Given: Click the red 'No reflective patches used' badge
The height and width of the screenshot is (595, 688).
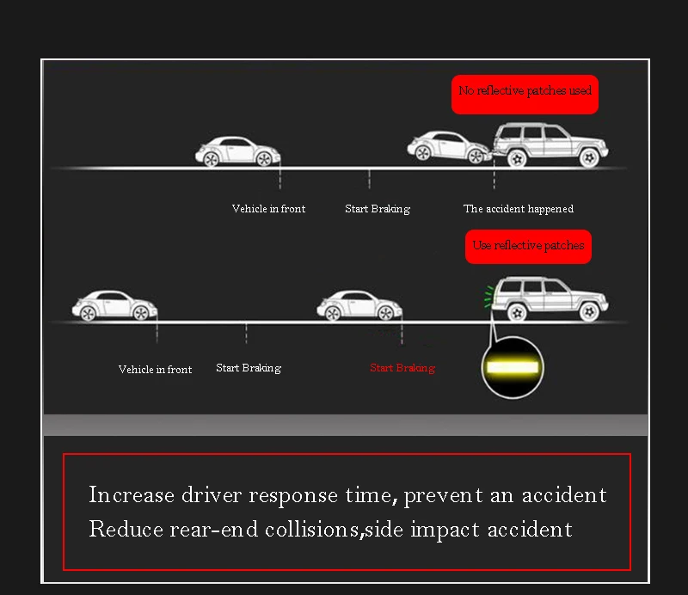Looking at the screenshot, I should (525, 92).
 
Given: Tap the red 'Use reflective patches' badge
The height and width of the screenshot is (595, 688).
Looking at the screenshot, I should (528, 246).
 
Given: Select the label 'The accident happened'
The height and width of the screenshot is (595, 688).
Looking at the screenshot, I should (518, 209).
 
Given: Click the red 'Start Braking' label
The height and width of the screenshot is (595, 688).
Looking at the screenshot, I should (402, 368).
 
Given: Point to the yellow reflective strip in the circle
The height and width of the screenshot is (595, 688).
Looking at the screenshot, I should (513, 367).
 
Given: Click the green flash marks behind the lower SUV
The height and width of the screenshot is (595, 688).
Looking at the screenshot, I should (488, 297).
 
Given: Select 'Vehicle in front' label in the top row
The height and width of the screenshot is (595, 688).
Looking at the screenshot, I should (268, 209).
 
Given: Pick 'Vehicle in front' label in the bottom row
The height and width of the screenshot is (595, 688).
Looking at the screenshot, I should (155, 370).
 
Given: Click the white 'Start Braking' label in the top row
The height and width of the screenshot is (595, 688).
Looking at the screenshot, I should (378, 209).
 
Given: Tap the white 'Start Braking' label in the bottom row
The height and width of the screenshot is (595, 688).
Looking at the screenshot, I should (249, 368).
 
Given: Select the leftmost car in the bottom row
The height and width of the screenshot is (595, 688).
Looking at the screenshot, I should (114, 305).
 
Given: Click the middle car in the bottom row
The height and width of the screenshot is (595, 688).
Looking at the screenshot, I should (359, 305).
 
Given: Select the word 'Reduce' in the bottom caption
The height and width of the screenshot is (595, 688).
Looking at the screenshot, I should (126, 529).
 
